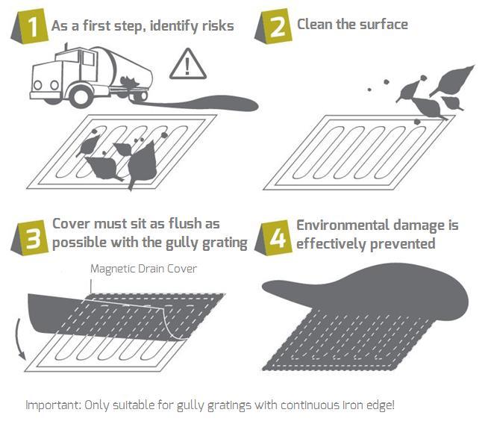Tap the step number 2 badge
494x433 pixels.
(x=274, y=26)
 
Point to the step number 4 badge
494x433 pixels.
(x=274, y=238)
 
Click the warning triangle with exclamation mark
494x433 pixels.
(x=188, y=64)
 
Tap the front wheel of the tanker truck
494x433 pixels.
(x=81, y=96)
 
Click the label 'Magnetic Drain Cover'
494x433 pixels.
(x=143, y=269)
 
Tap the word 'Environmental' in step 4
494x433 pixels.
(x=343, y=225)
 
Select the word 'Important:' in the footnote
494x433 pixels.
(x=54, y=405)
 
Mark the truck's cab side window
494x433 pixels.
(x=88, y=58)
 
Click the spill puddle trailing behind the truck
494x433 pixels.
(x=201, y=103)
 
